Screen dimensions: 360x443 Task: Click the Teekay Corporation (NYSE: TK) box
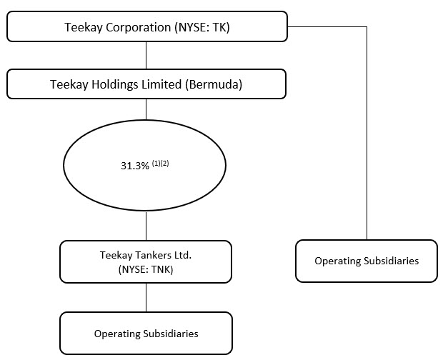coord(146,26)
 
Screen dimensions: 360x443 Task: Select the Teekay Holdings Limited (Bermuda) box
coord(146,84)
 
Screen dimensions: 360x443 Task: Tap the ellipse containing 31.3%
coord(145,166)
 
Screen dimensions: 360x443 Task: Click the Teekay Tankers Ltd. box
coord(146,261)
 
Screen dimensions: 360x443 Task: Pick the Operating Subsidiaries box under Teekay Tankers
coord(146,333)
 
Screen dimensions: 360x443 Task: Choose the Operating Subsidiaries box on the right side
coord(366,261)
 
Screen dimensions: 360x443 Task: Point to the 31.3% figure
coord(134,166)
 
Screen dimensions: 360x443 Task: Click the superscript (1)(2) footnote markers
coord(159,163)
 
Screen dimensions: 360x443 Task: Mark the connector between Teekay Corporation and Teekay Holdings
coord(146,55)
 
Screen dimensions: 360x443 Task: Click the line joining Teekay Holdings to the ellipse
coord(146,109)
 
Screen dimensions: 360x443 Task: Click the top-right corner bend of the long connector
coord(367,27)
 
